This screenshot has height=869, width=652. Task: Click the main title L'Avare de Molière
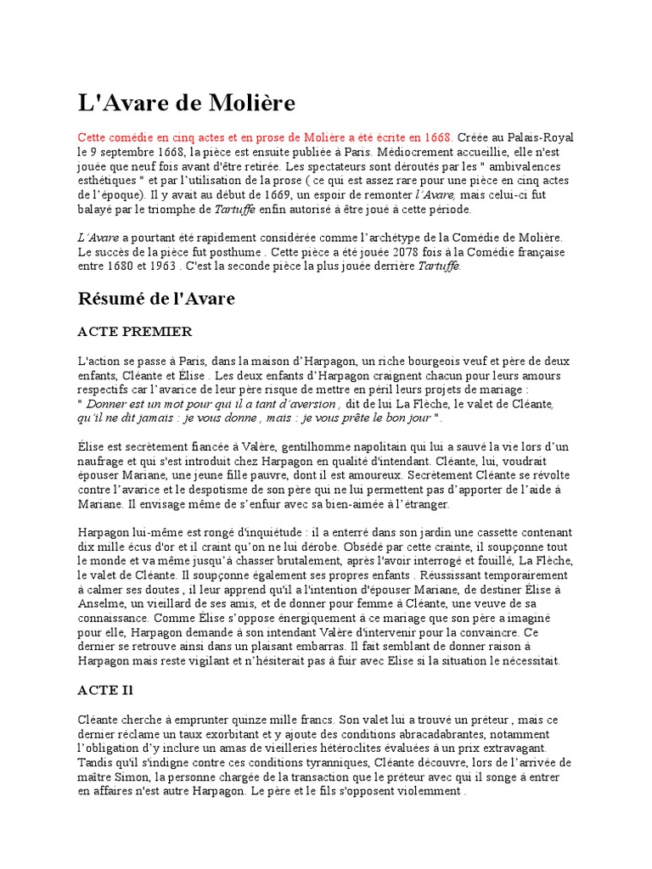(187, 104)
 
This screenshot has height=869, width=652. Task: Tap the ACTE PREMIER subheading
(135, 331)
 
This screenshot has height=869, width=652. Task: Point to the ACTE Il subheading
(106, 690)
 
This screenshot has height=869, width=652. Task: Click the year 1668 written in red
(437, 137)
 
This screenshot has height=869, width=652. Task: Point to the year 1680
(130, 267)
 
